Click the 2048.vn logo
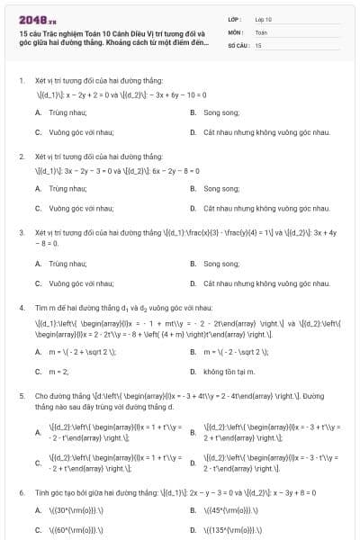[x=37, y=19]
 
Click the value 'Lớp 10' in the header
[x=263, y=18]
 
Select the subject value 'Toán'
[x=261, y=31]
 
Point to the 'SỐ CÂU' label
[x=237, y=44]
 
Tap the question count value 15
[x=258, y=44]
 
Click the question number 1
[x=21, y=80]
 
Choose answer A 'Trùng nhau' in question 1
[x=55, y=112]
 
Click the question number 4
[x=21, y=308]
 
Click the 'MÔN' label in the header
[x=236, y=31]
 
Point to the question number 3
[x=21, y=232]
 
